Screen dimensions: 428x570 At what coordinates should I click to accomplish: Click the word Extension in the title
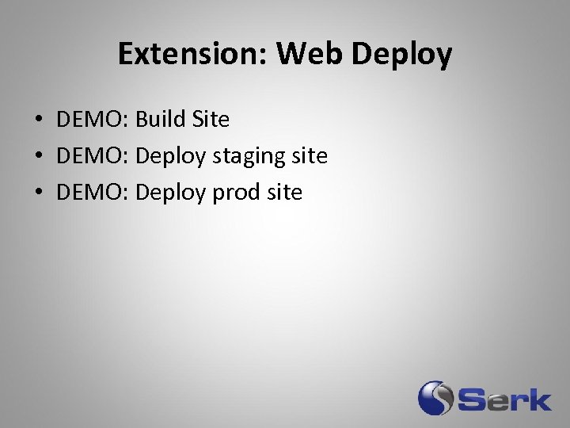[x=191, y=54]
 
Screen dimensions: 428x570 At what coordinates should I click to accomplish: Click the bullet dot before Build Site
[x=38, y=120]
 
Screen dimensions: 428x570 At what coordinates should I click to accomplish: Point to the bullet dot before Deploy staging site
[x=38, y=157]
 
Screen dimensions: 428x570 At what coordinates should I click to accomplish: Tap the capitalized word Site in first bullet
[x=211, y=120]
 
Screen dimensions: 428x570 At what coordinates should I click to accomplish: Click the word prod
[x=237, y=193]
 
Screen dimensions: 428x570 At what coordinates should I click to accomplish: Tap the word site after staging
[x=310, y=156]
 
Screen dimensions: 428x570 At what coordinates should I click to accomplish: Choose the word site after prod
[x=284, y=193]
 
